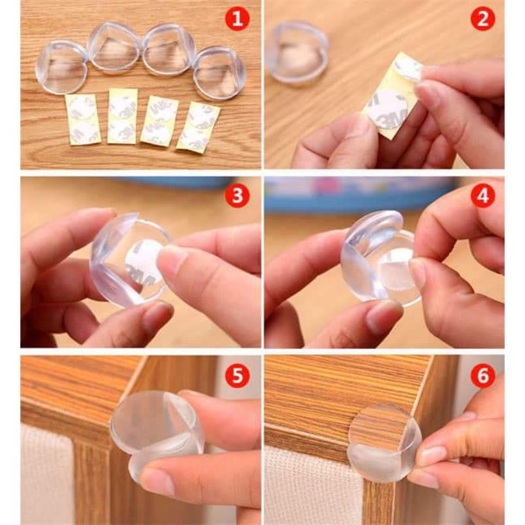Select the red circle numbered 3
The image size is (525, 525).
[x=238, y=196]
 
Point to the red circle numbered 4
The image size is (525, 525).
[x=483, y=196]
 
